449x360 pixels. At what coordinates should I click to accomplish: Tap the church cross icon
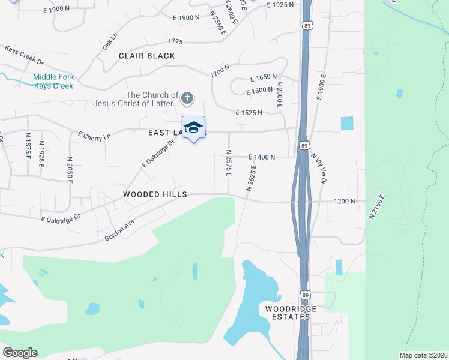[x=187, y=97]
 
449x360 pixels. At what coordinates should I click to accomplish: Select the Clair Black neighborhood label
[x=147, y=56]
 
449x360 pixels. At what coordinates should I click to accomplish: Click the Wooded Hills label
[x=155, y=194]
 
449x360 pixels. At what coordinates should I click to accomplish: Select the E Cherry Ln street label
[x=95, y=137]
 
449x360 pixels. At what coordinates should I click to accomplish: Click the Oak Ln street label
[x=109, y=42]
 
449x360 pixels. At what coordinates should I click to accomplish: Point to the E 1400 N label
[x=262, y=157]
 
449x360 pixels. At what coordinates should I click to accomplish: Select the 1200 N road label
[x=345, y=202]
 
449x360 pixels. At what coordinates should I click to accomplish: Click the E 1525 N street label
[x=250, y=112]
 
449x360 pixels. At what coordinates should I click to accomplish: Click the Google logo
[x=20, y=352]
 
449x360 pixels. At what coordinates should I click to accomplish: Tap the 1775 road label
[x=175, y=41]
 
